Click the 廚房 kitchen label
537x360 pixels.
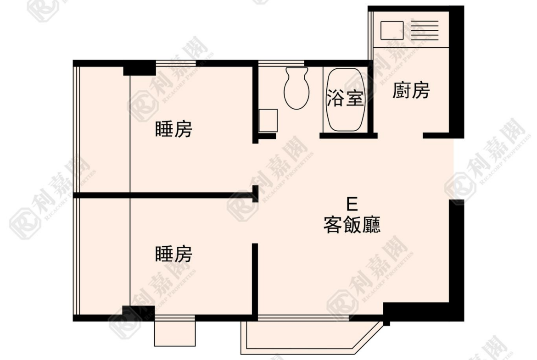point(411,91)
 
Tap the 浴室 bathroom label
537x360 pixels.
point(345,98)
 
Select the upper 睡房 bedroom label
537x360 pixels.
point(173,129)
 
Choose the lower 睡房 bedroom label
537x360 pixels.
point(173,254)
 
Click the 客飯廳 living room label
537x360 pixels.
point(352,225)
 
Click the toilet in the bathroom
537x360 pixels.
point(296,88)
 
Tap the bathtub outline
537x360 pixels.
point(345,100)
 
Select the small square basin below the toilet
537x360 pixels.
point(268,121)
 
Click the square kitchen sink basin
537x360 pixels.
point(392,30)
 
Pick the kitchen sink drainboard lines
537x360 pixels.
point(425,30)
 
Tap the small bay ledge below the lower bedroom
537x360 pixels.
point(175,334)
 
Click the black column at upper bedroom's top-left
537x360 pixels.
point(140,68)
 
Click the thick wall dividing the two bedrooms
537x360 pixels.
point(164,195)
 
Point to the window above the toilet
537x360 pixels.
point(281,63)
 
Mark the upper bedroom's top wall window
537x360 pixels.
point(176,63)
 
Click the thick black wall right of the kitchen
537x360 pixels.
point(457,72)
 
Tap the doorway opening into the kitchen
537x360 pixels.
point(400,136)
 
